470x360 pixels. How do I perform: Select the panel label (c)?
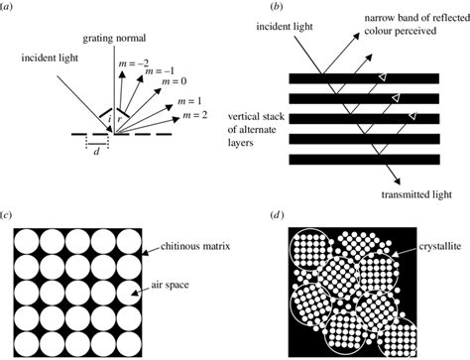8,215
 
